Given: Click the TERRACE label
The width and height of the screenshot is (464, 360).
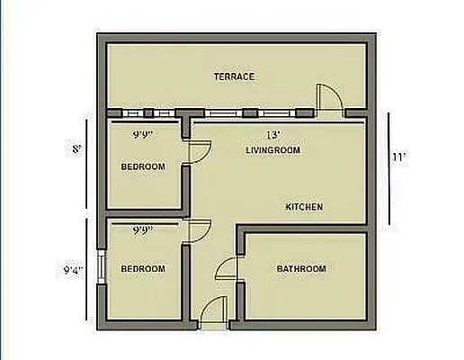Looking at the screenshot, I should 234,76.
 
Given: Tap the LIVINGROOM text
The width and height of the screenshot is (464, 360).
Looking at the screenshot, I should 271,149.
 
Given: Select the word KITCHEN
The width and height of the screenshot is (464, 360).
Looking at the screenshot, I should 304,207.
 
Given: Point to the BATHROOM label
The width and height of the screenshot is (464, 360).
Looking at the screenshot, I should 301,269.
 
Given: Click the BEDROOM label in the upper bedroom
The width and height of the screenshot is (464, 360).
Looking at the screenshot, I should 143,166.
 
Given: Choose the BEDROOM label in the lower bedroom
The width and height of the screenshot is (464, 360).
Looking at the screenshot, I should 143,269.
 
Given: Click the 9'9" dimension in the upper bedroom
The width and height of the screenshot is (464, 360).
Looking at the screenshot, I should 142,134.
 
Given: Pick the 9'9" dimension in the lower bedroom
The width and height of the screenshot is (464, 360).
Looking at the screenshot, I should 142,230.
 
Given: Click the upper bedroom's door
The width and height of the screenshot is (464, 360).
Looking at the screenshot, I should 195,151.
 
